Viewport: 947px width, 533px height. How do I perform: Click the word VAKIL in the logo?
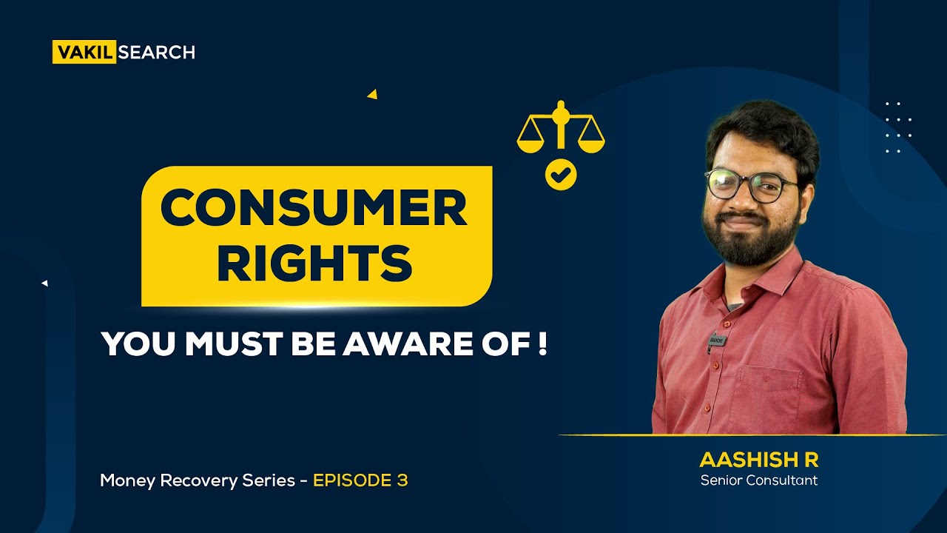pyautogui.click(x=84, y=53)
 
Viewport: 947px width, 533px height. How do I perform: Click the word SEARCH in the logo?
pyautogui.click(x=156, y=53)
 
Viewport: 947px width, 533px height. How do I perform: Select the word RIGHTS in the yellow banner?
pyautogui.click(x=314, y=262)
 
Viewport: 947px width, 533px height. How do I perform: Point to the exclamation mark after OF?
pyautogui.click(x=543, y=344)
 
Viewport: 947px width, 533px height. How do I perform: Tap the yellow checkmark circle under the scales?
pyautogui.click(x=561, y=175)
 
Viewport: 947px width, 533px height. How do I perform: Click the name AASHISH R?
pyautogui.click(x=759, y=460)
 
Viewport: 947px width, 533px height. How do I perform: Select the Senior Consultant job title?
pyautogui.click(x=759, y=480)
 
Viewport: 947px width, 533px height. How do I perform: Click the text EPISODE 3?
pyautogui.click(x=360, y=480)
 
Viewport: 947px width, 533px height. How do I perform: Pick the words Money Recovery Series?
pyautogui.click(x=198, y=480)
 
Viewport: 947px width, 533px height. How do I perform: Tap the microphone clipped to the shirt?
pyautogui.click(x=716, y=341)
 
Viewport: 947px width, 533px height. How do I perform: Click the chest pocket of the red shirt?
pyautogui.click(x=769, y=392)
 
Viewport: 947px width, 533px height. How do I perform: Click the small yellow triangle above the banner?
pyautogui.click(x=372, y=94)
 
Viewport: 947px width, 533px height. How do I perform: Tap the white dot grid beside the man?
pyautogui.click(x=898, y=127)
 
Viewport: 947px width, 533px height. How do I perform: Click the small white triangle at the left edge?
pyautogui.click(x=45, y=283)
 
